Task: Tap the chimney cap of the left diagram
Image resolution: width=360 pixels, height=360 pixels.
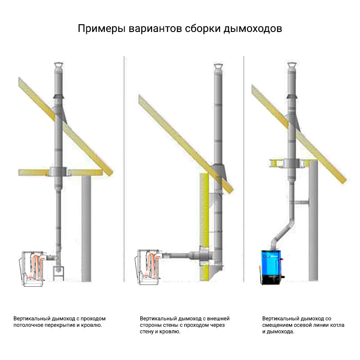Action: (x=58, y=67)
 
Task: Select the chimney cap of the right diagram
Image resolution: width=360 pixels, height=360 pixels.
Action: (x=291, y=67)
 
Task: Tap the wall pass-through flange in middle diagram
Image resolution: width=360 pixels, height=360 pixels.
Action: (x=202, y=256)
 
